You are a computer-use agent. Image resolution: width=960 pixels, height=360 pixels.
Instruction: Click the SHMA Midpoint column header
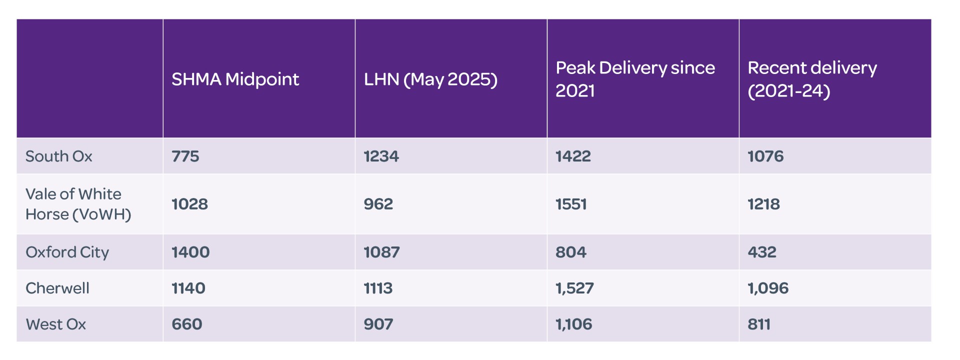(235, 79)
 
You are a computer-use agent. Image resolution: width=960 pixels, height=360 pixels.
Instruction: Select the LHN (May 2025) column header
(430, 79)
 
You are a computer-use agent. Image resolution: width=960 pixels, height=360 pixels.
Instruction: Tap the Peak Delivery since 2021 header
(635, 79)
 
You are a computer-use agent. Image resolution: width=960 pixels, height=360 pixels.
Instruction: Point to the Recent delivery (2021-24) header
(812, 79)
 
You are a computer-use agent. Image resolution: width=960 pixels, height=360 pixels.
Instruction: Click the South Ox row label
(59, 156)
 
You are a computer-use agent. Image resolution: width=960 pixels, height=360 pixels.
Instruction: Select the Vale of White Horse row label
(78, 204)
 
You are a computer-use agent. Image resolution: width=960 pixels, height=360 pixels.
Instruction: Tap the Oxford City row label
(67, 252)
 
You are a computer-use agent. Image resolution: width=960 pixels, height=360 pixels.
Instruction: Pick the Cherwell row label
(57, 288)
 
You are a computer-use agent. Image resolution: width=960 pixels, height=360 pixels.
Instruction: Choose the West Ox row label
(56, 324)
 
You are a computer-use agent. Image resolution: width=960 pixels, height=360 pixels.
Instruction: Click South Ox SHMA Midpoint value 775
(185, 156)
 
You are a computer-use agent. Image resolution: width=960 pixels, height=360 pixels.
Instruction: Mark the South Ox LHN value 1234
(381, 156)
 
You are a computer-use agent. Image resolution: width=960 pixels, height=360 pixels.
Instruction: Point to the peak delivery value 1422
(573, 156)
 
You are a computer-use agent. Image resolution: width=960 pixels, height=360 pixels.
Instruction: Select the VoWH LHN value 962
(378, 204)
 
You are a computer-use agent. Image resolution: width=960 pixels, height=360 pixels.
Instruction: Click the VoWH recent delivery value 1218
(763, 204)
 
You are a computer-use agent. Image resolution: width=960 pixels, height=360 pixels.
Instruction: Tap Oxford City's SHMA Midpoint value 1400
(190, 252)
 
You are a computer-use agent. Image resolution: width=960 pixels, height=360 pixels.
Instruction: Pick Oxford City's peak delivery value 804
(571, 252)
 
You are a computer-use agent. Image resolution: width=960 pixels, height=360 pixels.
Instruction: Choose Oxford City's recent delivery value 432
(762, 252)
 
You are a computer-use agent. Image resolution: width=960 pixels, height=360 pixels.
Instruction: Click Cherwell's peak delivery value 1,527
(574, 288)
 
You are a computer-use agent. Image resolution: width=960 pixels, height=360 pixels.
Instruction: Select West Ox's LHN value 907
(378, 324)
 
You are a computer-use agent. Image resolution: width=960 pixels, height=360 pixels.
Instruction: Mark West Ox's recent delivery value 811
(759, 324)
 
